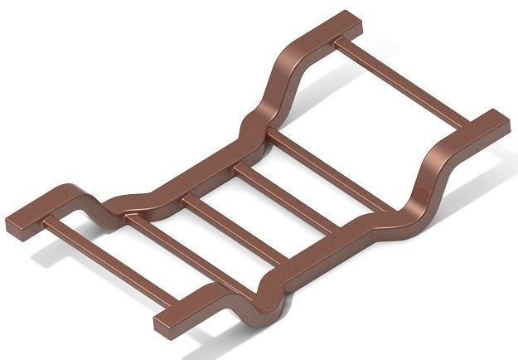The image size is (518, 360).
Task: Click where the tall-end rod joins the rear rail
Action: tap(340, 41)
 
